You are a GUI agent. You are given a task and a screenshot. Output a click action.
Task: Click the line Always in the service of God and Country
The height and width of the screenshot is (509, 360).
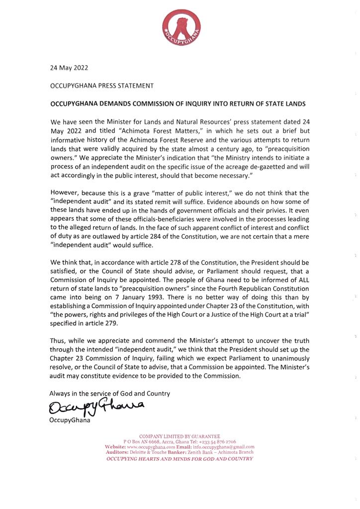[110, 393]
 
